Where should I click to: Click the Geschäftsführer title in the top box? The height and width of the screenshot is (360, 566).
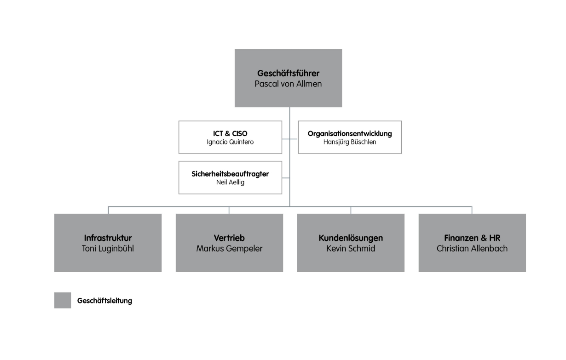coord(288,74)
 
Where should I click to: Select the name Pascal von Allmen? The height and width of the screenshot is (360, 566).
coord(288,84)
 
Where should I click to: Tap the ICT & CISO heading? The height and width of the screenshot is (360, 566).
coord(230,133)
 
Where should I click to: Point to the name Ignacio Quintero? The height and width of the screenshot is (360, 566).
coord(230,142)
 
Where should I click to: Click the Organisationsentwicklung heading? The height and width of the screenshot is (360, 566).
coord(350,133)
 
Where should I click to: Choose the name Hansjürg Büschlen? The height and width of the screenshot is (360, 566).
coord(350,142)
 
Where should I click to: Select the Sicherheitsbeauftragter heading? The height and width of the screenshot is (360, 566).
coord(230,174)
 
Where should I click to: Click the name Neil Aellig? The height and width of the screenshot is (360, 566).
coord(230,183)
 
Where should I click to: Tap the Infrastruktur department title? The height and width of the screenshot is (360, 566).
coord(108,238)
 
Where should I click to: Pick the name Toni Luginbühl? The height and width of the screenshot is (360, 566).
coord(108,249)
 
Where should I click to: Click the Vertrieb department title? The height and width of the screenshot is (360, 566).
coord(229,238)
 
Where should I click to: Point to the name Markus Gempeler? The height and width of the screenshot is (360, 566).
coord(229,249)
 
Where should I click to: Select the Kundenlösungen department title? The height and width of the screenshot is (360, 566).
coord(351,238)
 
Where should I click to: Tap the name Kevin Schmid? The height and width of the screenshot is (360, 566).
coord(351,249)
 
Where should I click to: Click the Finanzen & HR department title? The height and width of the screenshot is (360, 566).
coord(472,238)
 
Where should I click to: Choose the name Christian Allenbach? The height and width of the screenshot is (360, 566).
coord(472,249)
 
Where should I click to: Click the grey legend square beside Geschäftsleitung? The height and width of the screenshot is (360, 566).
coord(63,300)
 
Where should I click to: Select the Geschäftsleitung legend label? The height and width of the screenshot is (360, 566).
coord(104,301)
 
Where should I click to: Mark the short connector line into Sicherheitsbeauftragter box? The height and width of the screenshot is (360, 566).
coord(286,177)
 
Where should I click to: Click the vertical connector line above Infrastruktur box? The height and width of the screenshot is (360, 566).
coord(109,210)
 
